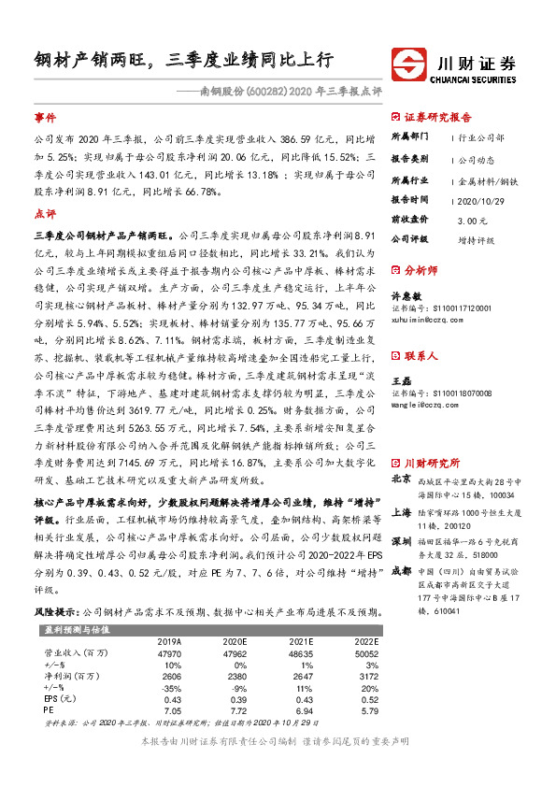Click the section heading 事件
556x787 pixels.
click(x=45, y=119)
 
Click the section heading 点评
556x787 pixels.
click(x=45, y=214)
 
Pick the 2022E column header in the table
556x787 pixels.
click(x=366, y=642)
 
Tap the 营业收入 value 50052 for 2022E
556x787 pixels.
click(x=366, y=655)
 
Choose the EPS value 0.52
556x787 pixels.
click(x=366, y=700)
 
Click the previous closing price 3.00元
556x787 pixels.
click(x=473, y=220)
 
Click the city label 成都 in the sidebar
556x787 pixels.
click(x=402, y=545)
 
